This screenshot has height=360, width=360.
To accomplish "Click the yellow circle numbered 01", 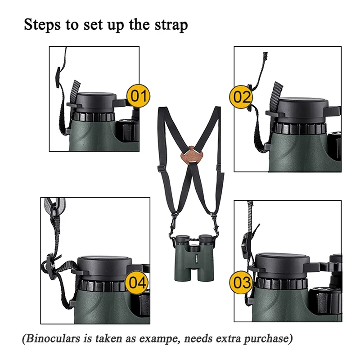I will (x=138, y=95).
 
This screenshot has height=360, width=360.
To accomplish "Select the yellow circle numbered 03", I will (x=242, y=283).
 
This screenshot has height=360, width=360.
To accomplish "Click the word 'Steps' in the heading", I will (x=43, y=25).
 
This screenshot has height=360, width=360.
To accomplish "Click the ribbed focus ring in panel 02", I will (x=299, y=128).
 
